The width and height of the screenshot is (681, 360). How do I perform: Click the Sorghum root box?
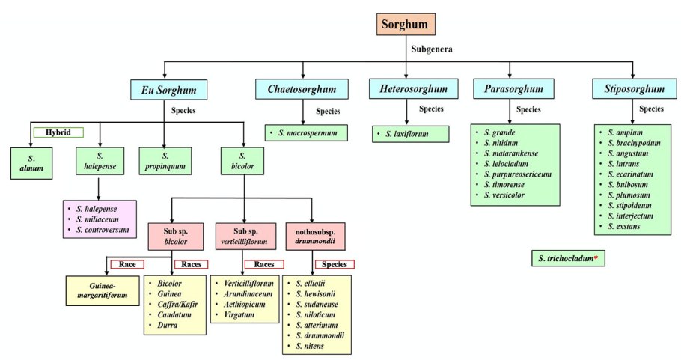point(406,25)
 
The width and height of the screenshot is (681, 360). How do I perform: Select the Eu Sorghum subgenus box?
point(168,90)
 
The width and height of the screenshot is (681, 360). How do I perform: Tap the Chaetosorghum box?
point(303,90)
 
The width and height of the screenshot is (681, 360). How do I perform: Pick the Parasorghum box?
point(508,89)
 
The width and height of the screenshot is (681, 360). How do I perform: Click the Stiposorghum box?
point(632,90)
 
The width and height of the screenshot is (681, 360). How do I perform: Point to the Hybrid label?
point(58,132)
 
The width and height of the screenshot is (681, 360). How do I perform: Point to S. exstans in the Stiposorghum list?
point(625,226)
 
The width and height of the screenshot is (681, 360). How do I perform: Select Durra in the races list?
point(169,326)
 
